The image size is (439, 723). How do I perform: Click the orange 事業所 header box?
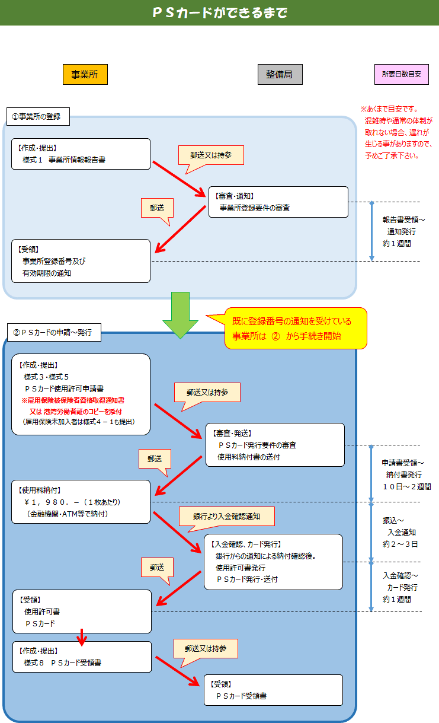point(85,74)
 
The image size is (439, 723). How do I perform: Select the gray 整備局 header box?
point(280,74)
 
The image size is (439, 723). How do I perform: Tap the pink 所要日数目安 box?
point(401,74)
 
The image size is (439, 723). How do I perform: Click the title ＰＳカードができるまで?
point(220,12)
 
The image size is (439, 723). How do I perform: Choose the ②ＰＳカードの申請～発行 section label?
point(53,333)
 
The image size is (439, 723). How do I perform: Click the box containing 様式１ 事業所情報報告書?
point(81,154)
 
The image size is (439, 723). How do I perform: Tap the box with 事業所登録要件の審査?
point(278,202)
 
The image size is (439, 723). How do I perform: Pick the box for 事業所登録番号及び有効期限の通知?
point(81,260)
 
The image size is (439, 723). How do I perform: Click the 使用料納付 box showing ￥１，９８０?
point(81,501)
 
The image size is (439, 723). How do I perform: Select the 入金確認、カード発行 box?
point(273,561)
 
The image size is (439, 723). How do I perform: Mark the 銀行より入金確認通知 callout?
point(226,516)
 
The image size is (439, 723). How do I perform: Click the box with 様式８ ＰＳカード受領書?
point(82,656)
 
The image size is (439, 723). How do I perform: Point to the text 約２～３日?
point(400,544)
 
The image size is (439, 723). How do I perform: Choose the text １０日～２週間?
point(406,486)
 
